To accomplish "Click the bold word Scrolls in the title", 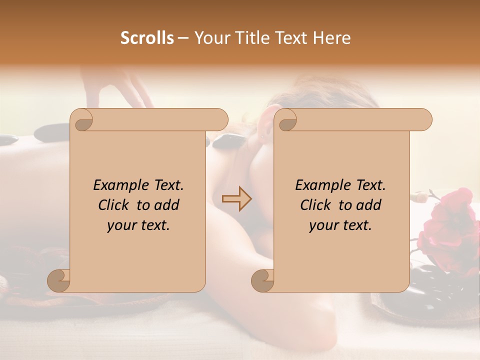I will (x=147, y=38).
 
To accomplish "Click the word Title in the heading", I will (x=247, y=38).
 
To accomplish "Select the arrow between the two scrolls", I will (x=236, y=199).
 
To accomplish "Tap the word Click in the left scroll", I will (x=114, y=205).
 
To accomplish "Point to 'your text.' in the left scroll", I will (x=138, y=225).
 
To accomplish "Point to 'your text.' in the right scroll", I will (x=340, y=225).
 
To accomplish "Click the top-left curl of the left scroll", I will (x=82, y=120).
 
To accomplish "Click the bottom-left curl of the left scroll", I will (x=59, y=281).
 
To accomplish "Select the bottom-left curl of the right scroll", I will (x=262, y=281).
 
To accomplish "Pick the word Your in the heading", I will (x=210, y=38).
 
